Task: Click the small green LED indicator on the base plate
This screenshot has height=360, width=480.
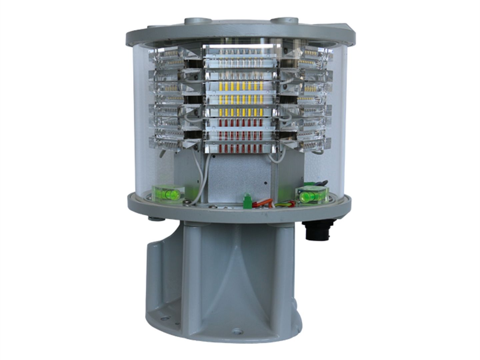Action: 247,196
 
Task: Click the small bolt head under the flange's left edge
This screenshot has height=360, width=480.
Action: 153,218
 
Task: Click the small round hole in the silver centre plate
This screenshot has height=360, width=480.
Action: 266,183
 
